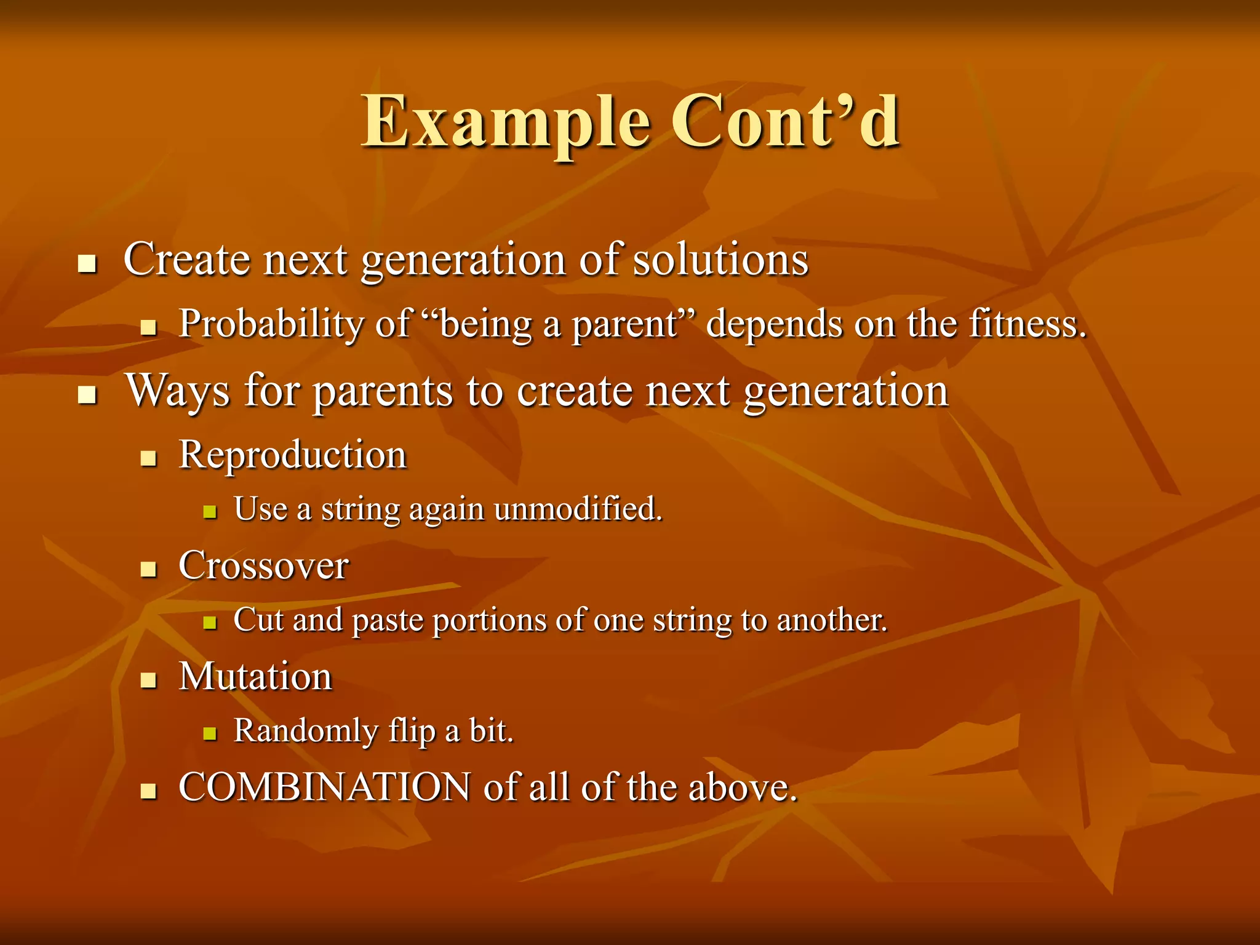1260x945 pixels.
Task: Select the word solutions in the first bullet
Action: [720, 260]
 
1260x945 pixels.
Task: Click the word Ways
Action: [177, 391]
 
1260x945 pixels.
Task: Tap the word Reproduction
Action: [292, 455]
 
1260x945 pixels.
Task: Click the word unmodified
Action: [578, 509]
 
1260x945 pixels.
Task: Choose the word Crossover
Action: [263, 565]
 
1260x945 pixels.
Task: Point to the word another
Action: [832, 620]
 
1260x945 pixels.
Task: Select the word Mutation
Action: [255, 677]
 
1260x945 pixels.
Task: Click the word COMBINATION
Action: [324, 787]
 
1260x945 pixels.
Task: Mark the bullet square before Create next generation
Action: [87, 265]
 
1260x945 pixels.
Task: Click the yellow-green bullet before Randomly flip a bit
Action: [210, 733]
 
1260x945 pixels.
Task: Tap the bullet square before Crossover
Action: [148, 568]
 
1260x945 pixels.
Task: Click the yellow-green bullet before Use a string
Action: [210, 512]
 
